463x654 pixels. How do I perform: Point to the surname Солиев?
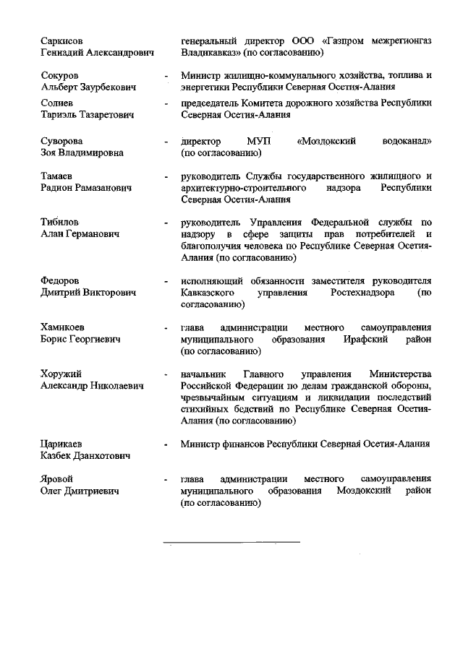click(x=56, y=103)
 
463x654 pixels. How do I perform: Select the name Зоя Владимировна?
click(x=82, y=153)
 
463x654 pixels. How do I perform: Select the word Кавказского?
click(x=211, y=293)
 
